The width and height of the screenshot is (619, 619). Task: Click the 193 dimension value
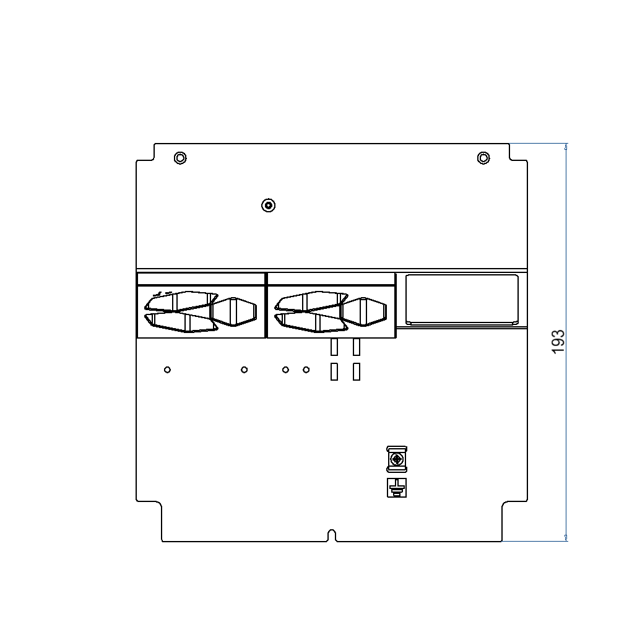558,342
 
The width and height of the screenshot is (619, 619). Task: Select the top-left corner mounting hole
180,158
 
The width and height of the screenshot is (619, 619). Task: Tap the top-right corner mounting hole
483,158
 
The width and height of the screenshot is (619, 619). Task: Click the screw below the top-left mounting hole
268,206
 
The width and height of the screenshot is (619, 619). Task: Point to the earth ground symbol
396,488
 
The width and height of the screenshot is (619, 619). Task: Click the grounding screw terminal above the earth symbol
396,459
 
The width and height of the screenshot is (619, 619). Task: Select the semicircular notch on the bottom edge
332,535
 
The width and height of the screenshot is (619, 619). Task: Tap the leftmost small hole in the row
167,370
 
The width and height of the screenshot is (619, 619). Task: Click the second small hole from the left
245,370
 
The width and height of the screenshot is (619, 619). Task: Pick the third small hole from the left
285,370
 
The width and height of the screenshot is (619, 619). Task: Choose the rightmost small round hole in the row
306,370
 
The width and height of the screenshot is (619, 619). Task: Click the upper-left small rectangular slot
334,347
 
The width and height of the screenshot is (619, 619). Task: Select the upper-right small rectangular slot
357,347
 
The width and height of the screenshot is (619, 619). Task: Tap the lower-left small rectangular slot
334,371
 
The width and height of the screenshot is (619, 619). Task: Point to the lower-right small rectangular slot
357,371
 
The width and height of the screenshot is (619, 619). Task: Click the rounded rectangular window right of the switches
462,299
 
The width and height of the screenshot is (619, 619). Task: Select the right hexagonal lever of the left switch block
234,311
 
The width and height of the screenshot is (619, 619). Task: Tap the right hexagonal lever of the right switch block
365,311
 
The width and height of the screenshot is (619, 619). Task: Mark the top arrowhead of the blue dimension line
566,147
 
